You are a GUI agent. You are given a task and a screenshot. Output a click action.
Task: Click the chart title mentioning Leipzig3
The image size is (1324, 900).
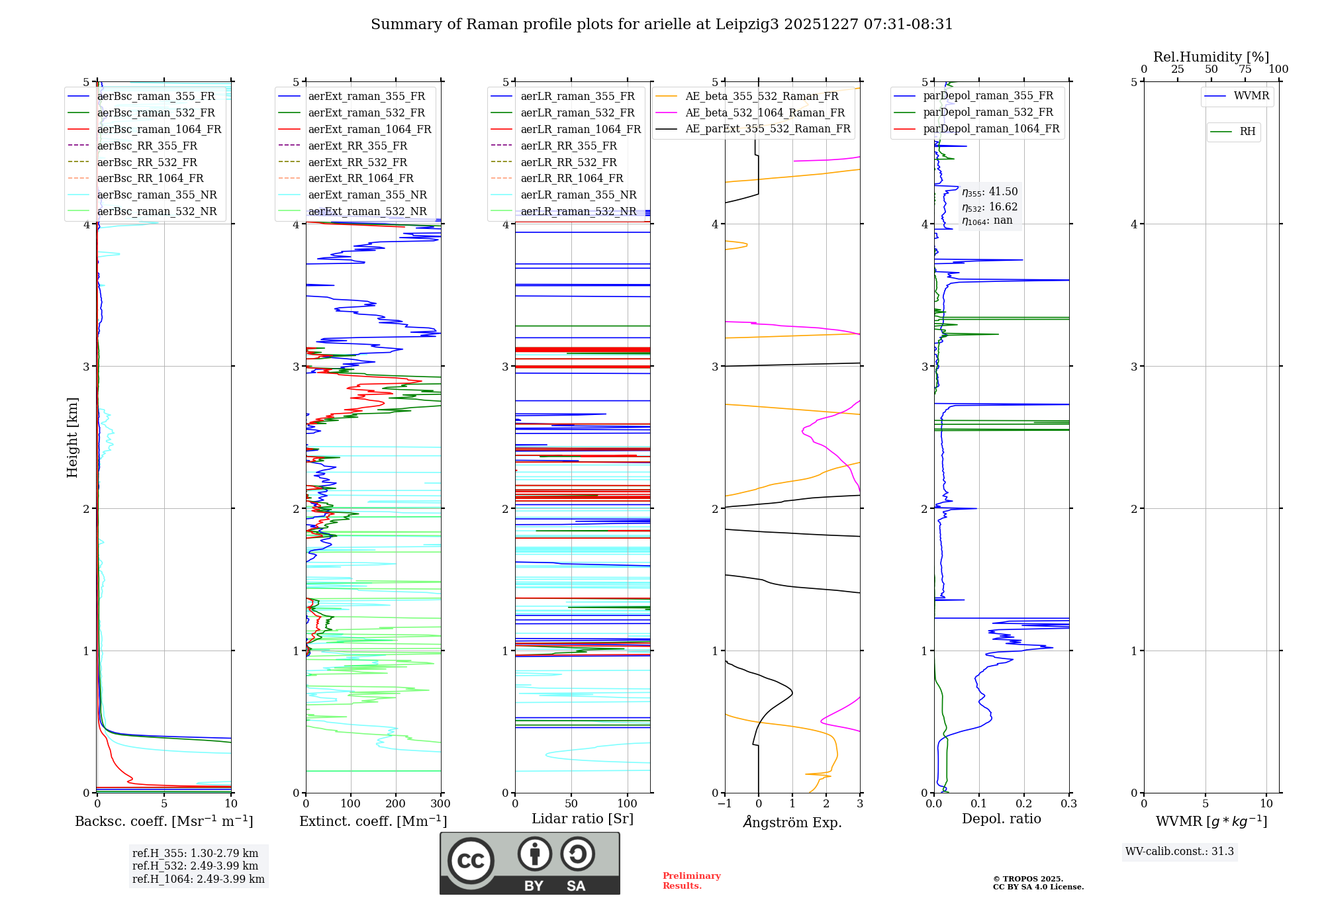click(x=661, y=24)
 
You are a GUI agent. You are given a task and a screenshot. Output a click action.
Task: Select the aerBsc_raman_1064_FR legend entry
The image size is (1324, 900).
click(x=159, y=129)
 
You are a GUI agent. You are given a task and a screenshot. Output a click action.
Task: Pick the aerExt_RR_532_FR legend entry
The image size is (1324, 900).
click(x=357, y=162)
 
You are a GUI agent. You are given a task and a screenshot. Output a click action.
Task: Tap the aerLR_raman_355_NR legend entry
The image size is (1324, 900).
click(x=578, y=195)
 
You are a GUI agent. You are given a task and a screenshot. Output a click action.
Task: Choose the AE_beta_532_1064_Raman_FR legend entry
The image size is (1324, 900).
click(x=765, y=112)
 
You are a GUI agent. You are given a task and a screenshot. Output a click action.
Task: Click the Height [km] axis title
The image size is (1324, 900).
click(x=72, y=437)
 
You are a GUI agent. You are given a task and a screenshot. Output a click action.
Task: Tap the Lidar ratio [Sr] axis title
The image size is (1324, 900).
click(x=583, y=819)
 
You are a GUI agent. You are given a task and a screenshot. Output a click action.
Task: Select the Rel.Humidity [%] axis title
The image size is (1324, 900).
click(x=1211, y=57)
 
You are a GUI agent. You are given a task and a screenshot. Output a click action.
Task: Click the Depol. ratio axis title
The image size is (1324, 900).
click(x=1001, y=819)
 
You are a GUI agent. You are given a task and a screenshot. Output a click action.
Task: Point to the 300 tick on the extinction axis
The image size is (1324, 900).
click(x=440, y=804)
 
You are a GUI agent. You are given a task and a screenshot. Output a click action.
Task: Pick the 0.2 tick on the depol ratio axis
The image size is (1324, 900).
click(x=1024, y=804)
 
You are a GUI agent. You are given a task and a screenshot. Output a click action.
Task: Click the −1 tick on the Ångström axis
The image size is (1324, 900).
click(x=724, y=804)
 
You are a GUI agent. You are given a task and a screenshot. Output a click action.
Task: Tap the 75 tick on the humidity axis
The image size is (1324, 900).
click(x=1245, y=69)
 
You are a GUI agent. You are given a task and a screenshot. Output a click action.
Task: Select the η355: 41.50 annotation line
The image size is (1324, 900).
click(x=990, y=192)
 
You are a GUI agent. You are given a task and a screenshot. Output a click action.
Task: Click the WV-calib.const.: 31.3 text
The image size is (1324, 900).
click(x=1179, y=851)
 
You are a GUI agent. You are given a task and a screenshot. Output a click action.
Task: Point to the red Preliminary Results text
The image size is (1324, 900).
click(x=691, y=881)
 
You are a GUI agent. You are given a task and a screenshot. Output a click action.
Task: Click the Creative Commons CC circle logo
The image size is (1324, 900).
click(x=471, y=860)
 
